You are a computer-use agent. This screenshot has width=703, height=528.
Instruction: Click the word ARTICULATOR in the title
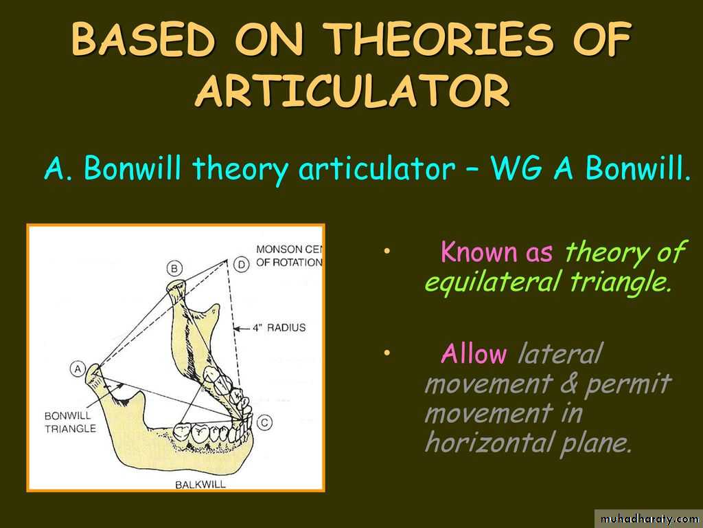[353, 91]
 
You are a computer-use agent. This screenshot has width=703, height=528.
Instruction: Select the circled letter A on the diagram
[78, 368]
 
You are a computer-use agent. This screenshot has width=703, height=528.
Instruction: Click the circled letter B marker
[174, 269]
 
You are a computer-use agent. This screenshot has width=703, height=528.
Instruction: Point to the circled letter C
[264, 422]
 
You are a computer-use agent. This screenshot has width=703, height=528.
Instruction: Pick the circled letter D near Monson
[242, 265]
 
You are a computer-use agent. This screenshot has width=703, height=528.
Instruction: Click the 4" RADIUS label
[279, 328]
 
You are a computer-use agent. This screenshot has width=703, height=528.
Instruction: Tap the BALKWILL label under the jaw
[200, 485]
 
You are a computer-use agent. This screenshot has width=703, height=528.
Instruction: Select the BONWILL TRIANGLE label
[70, 422]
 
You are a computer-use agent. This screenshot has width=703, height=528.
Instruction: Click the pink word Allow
[474, 354]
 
